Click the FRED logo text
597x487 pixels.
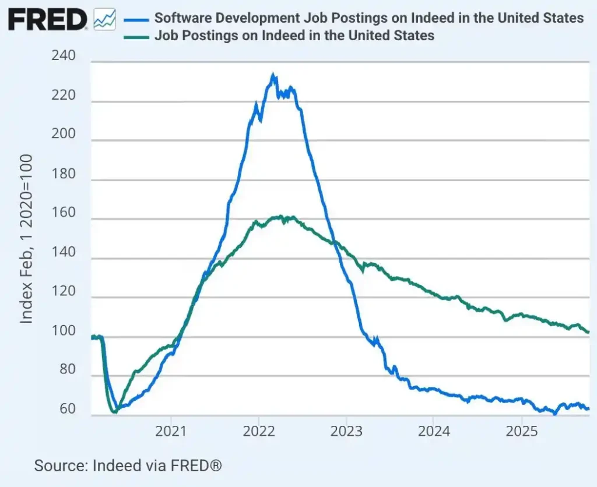pyautogui.click(x=47, y=20)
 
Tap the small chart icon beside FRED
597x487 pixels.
pyautogui.click(x=104, y=20)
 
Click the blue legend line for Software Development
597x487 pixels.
pyautogui.click(x=136, y=18)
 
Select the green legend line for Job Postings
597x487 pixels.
pyautogui.click(x=136, y=36)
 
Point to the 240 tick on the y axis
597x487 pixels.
pyautogui.click(x=64, y=57)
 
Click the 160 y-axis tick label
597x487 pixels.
pyautogui.click(x=64, y=213)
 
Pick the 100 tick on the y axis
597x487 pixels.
pyautogui.click(x=64, y=331)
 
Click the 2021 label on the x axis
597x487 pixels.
pyautogui.click(x=171, y=432)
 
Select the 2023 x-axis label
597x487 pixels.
pyautogui.click(x=346, y=432)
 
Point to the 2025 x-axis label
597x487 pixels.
pyautogui.click(x=521, y=432)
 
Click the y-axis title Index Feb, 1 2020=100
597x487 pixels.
pyautogui.click(x=27, y=239)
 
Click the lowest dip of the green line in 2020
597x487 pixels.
pyautogui.click(x=114, y=412)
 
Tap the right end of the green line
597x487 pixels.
pyautogui.click(x=588, y=332)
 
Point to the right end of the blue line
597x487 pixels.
pyautogui.click(x=588, y=409)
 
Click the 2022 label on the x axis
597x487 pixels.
pyautogui.click(x=258, y=432)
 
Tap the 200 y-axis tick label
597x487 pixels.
pyautogui.click(x=64, y=134)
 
